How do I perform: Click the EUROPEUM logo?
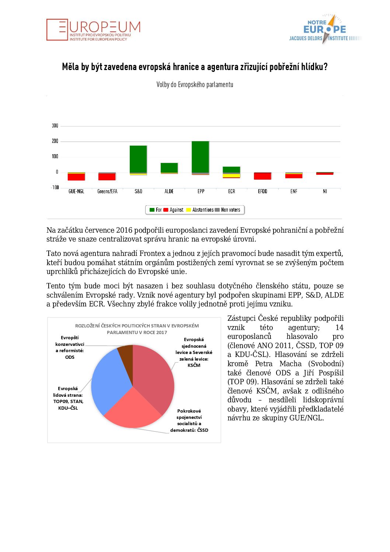[93, 30]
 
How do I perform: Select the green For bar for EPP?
[200, 157]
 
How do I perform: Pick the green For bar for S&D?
[138, 159]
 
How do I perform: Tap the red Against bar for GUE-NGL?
[76, 177]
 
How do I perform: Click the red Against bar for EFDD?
[262, 176]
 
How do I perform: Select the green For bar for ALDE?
[169, 167]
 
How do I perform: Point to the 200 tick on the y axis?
[55, 141]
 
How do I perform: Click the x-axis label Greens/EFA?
[107, 191]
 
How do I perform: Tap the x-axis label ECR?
[231, 191]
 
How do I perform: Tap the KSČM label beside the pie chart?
[194, 365]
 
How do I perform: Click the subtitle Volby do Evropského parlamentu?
[195, 85]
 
